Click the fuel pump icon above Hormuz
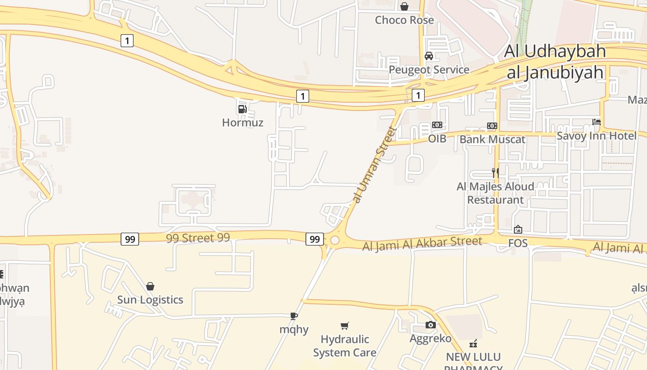point(242,109)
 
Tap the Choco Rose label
point(404,20)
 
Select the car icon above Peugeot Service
point(429,56)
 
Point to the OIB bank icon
point(437,125)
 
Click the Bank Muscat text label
point(493,139)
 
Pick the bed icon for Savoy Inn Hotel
point(597,122)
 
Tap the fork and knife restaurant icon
point(495,173)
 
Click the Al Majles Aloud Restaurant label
point(495,193)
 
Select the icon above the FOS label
point(518,229)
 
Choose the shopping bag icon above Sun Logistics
point(150,286)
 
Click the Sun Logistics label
point(150,300)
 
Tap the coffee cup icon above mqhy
point(293,316)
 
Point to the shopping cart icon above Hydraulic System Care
point(344,326)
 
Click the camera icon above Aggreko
point(430,325)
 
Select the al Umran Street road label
point(374,165)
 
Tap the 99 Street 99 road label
point(198,238)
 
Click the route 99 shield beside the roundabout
point(314,239)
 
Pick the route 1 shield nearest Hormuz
point(302,96)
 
